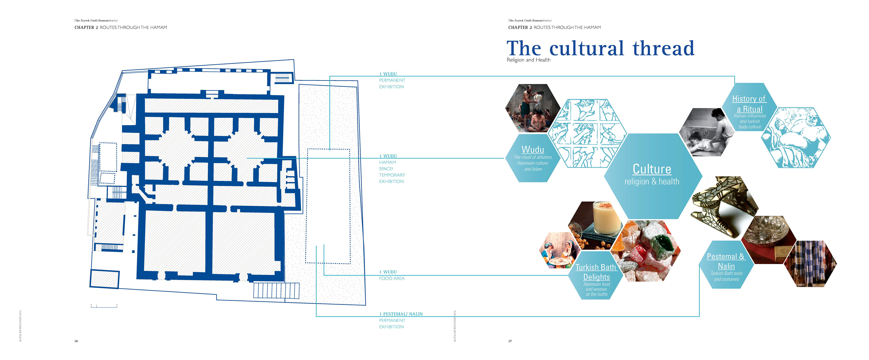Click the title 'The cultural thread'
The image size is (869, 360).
click(600, 49)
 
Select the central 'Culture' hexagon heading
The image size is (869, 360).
click(652, 169)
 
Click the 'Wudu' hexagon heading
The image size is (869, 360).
click(533, 149)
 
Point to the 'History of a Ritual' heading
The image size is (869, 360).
click(749, 104)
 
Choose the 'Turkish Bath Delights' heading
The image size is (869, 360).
click(596, 272)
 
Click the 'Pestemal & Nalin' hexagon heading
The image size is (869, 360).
click(726, 261)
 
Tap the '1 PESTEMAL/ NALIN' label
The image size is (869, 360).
click(401, 314)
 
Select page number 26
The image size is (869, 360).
click(76, 341)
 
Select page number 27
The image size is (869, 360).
click(510, 341)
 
